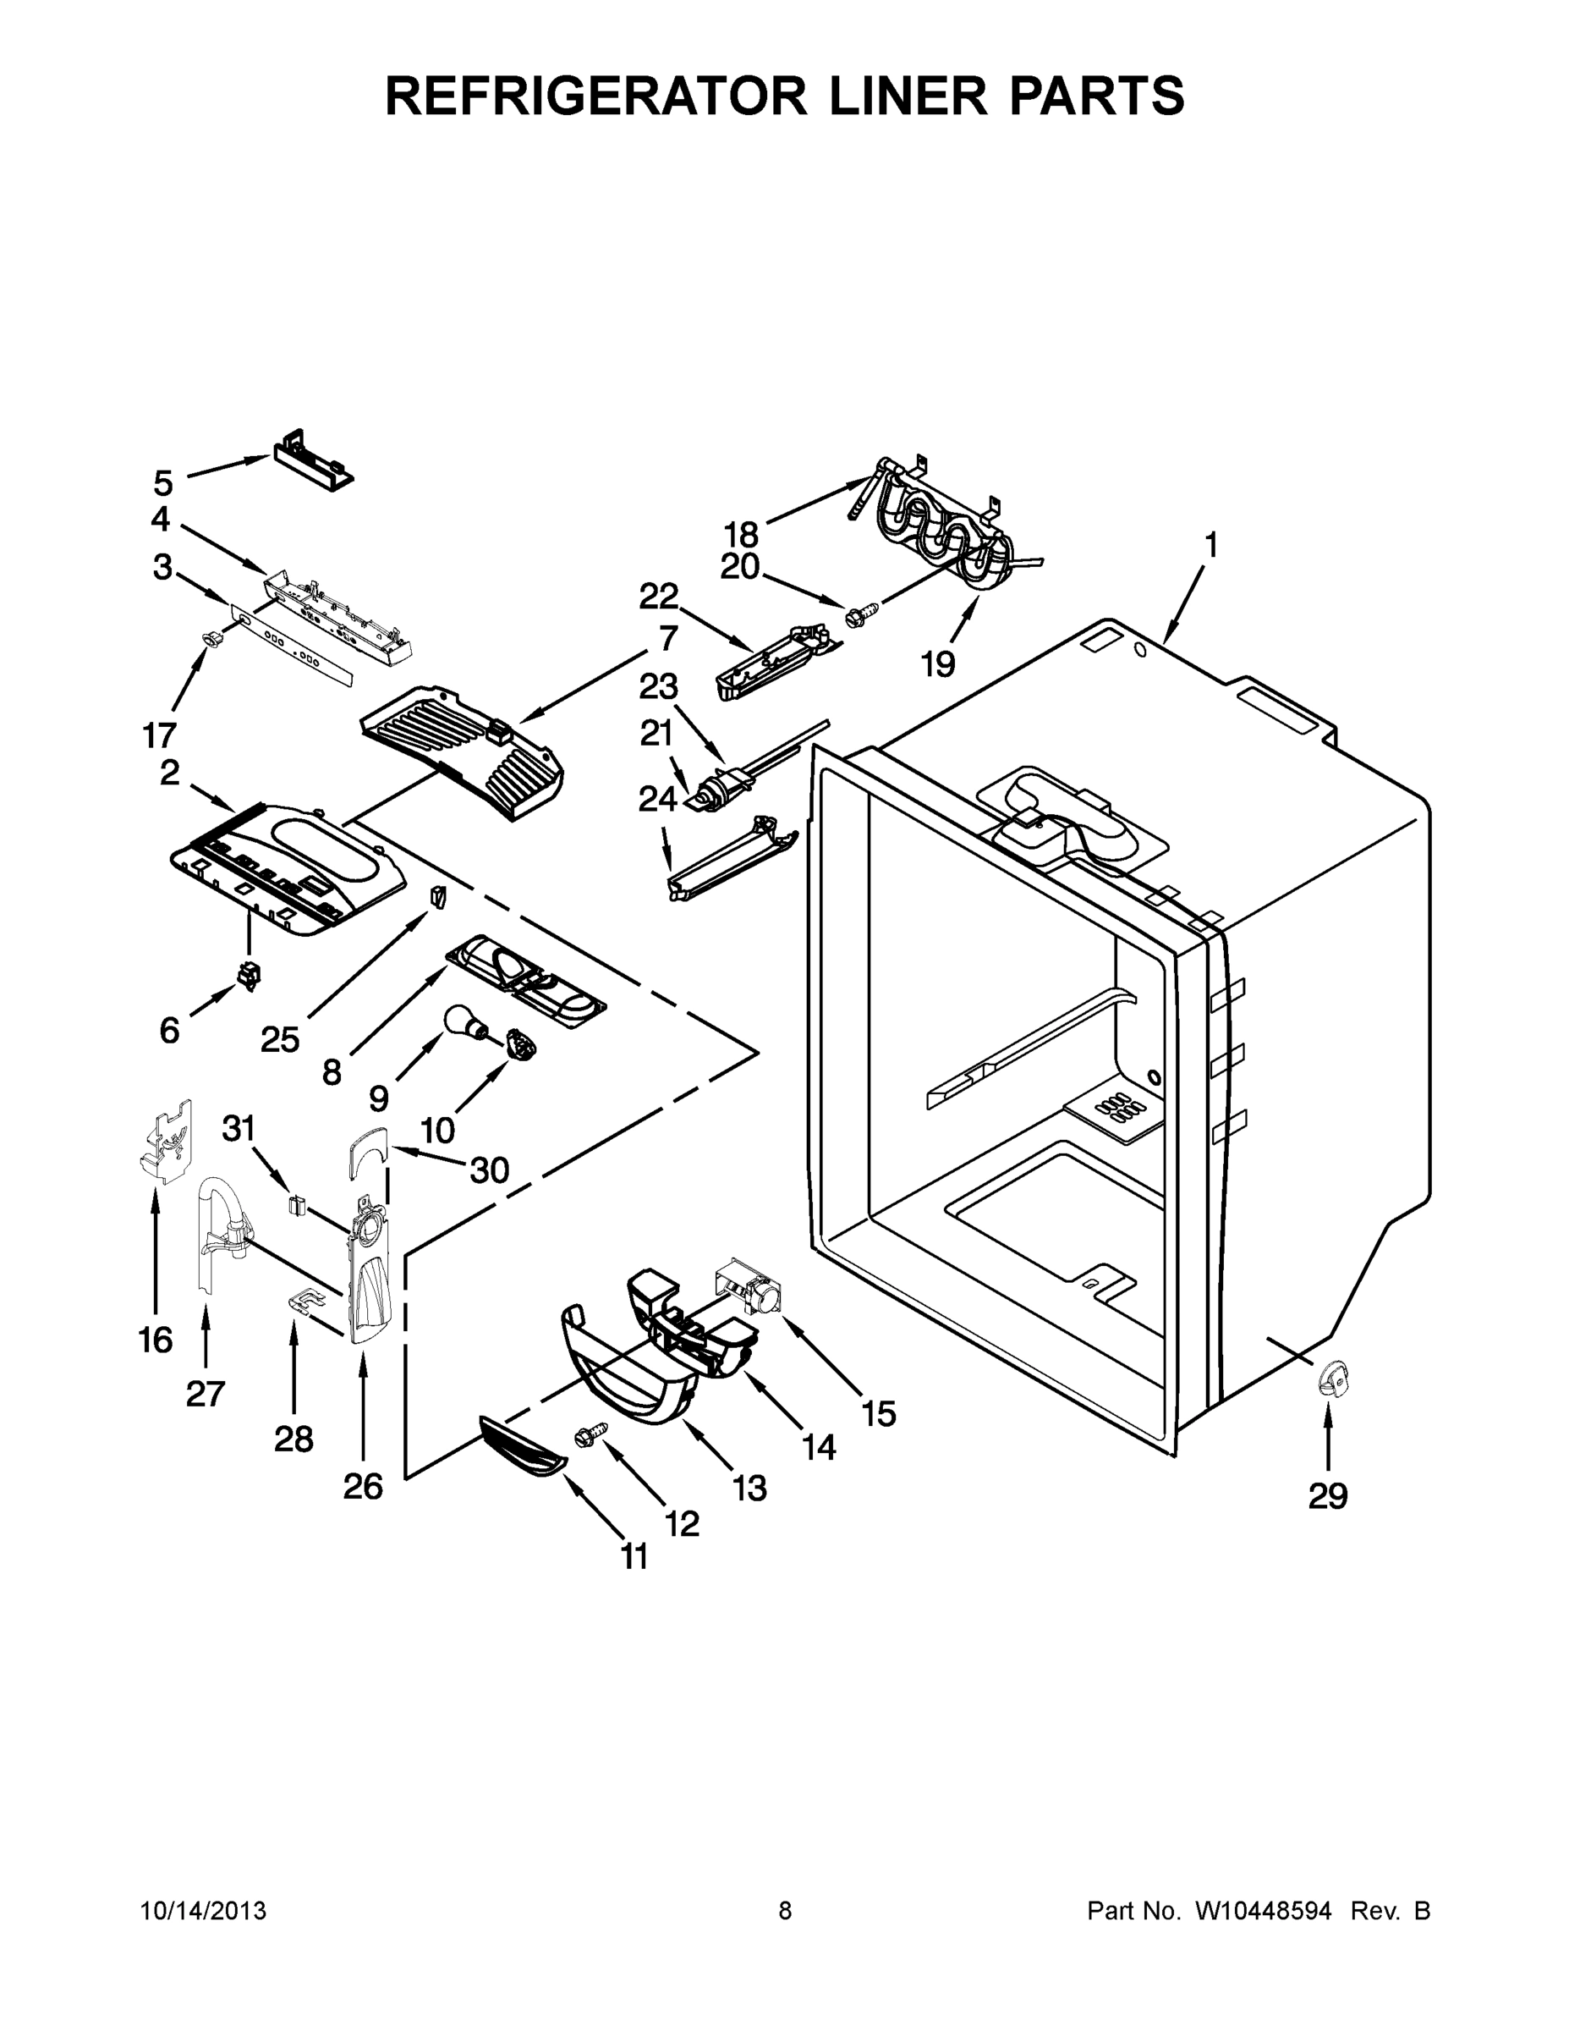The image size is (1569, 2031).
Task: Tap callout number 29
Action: coord(1327,1496)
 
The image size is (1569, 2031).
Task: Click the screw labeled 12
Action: coord(588,1437)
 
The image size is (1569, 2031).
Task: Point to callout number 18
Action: coord(741,535)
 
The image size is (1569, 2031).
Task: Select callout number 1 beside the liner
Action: coord(1210,544)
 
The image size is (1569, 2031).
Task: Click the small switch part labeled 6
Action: coord(250,976)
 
